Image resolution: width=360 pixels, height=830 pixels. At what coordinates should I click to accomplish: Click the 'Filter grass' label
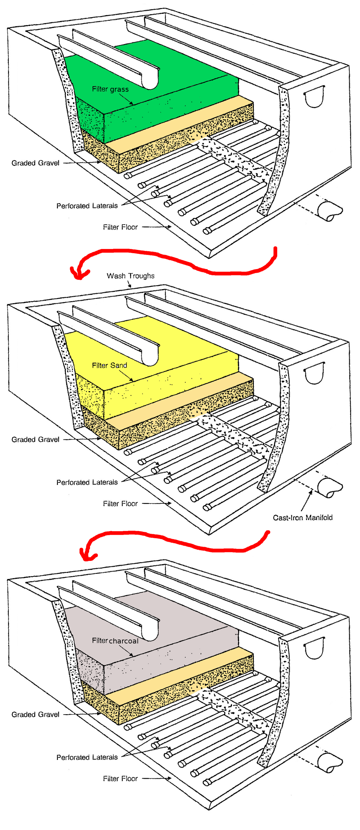(110, 89)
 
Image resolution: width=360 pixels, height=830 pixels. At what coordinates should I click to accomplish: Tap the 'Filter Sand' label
(109, 365)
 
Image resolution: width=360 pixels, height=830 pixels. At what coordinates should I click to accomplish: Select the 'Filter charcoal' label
(115, 641)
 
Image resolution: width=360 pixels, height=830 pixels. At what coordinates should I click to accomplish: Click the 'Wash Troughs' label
(130, 276)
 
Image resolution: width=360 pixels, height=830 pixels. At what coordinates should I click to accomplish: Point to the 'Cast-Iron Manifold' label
(303, 517)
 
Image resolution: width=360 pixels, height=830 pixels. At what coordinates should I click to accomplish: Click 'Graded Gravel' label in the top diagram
(35, 163)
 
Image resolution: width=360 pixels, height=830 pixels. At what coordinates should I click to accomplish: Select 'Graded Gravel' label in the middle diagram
(35, 439)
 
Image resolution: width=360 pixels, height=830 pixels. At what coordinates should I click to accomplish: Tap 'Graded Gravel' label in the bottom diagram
(35, 714)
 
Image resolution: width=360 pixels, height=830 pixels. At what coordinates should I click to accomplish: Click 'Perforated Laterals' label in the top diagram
(87, 206)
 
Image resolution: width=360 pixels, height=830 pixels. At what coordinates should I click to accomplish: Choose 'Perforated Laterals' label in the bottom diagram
(87, 757)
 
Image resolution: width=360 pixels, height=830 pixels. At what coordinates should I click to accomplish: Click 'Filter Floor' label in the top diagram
(120, 227)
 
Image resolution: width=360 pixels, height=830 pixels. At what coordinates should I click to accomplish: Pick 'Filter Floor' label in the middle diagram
(120, 504)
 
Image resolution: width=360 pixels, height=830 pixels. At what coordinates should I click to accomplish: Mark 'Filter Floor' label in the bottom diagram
(120, 778)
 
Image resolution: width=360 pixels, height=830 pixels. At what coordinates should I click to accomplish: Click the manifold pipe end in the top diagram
(329, 211)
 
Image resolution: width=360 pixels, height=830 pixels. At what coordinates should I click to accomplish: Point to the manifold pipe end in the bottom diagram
(329, 763)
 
